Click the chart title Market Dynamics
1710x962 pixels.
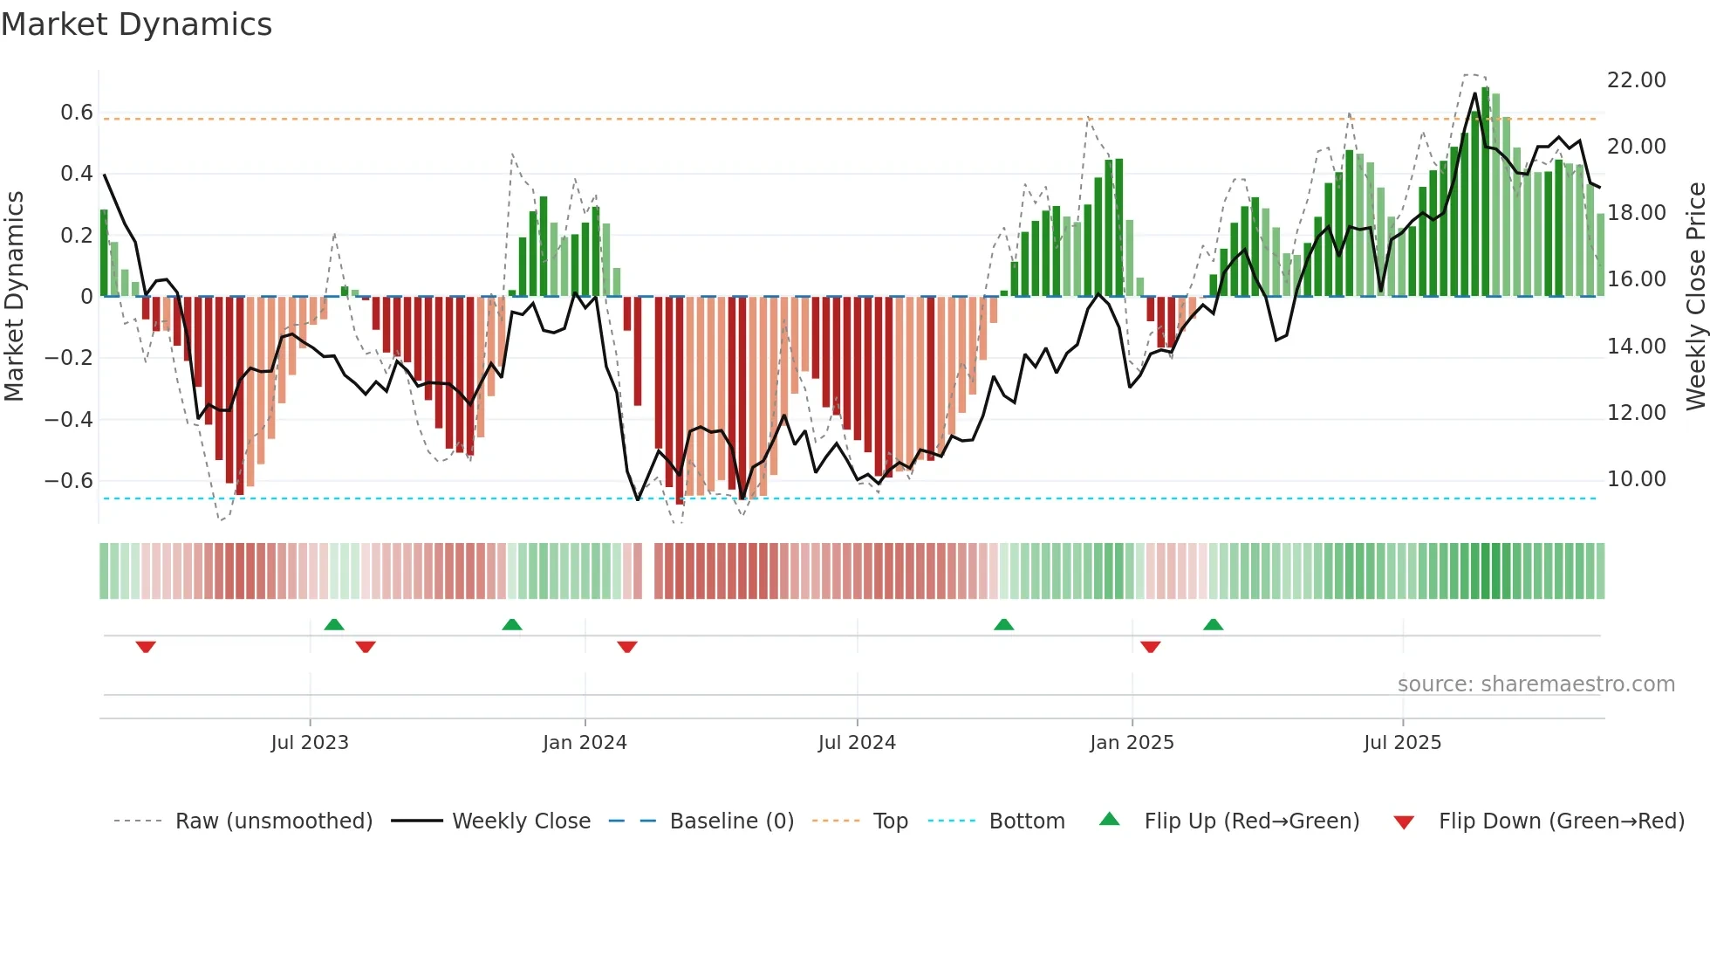click(136, 24)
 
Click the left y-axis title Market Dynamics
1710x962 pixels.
click(15, 296)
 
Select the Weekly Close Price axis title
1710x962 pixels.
click(1695, 296)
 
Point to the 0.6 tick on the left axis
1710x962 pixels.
click(77, 113)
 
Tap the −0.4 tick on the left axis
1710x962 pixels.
click(69, 420)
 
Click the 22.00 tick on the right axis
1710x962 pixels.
click(1636, 80)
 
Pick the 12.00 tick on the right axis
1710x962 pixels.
click(1636, 413)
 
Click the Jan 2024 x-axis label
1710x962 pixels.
click(585, 743)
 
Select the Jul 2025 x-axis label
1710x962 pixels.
click(1402, 743)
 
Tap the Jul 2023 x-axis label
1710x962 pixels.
click(310, 743)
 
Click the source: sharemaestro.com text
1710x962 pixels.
click(1536, 684)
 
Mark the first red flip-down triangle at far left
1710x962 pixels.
click(146, 647)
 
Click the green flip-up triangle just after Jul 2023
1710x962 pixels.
click(334, 624)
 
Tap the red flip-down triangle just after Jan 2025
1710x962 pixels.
click(1150, 647)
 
